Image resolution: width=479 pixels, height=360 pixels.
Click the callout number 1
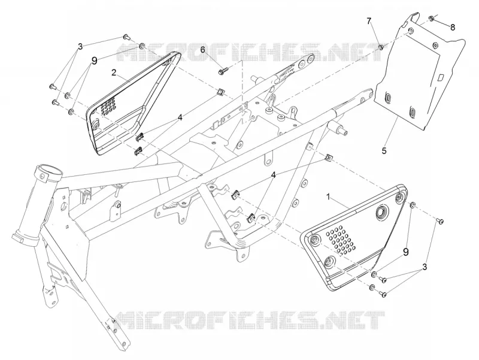point(329,198)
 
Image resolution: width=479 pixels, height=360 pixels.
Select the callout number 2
point(114,72)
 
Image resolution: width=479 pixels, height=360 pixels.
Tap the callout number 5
point(384,151)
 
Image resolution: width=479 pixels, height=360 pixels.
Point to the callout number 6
point(202,49)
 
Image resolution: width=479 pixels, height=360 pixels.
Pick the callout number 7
point(369,21)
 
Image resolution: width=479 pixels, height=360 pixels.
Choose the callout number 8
point(453,27)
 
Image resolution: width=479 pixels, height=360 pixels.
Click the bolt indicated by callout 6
point(222,71)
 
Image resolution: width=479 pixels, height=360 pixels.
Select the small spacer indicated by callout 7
point(381,47)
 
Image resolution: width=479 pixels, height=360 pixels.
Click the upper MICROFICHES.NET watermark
point(250,52)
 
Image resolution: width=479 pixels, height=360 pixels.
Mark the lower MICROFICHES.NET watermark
point(250,320)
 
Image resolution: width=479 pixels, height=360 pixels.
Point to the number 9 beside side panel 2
point(94,61)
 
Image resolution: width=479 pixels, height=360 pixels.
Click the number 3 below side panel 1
point(425,267)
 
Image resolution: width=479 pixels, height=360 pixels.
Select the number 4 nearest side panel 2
point(180,117)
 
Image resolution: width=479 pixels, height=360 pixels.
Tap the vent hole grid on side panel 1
point(341,240)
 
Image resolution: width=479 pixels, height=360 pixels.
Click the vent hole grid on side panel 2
point(107,105)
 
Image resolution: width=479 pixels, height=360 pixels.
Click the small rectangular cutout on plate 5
point(441,77)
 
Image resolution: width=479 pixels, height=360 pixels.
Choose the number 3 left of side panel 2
point(80,47)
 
